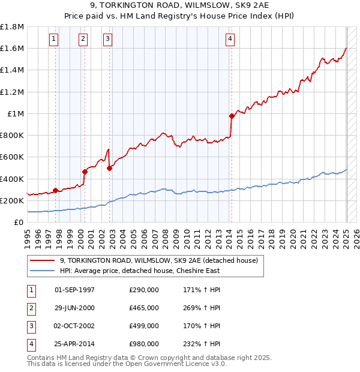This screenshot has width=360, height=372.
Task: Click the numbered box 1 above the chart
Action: [x=54, y=40]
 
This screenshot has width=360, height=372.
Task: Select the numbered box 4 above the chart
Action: [x=230, y=40]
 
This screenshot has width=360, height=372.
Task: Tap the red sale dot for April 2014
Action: [x=232, y=116]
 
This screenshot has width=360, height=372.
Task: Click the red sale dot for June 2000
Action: [x=85, y=172]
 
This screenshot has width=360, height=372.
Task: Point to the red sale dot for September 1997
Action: [x=55, y=190]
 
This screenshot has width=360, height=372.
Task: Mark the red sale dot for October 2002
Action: [x=109, y=168]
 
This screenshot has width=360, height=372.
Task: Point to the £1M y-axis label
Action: [x=16, y=113]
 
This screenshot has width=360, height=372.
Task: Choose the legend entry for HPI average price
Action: [x=140, y=271]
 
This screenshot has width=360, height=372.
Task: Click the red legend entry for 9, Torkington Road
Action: [x=158, y=260]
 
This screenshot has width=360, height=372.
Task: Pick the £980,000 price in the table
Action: [x=144, y=344]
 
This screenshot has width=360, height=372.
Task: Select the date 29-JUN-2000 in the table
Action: [x=74, y=308]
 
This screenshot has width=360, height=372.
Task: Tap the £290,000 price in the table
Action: [x=144, y=290]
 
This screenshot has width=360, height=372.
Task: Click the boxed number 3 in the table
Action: [x=31, y=326]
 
